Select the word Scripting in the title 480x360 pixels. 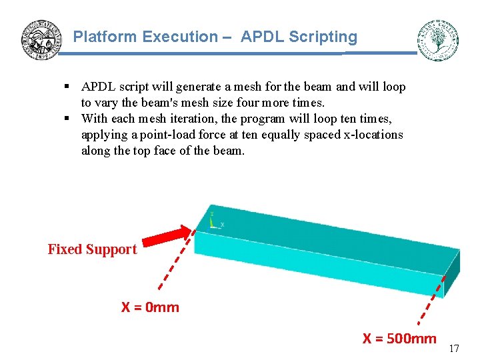click(x=327, y=37)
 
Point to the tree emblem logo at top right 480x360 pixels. click(x=437, y=40)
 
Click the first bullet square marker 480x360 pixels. click(x=67, y=87)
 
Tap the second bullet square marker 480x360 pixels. click(x=67, y=119)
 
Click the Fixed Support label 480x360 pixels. click(x=92, y=249)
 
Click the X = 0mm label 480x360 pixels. click(x=150, y=307)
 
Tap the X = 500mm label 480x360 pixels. click(x=399, y=339)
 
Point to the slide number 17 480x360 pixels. click(x=454, y=349)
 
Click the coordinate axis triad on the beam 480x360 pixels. click(x=213, y=221)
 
